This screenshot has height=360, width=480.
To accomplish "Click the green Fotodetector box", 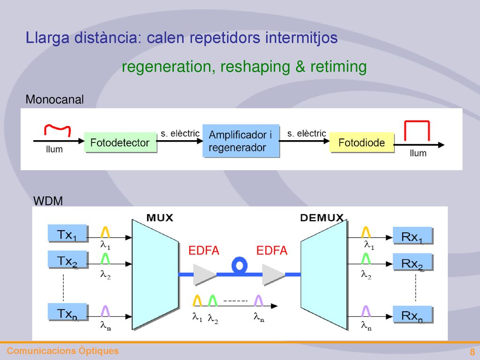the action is [x=120, y=142].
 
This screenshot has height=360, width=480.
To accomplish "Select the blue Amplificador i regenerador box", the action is [x=240, y=141].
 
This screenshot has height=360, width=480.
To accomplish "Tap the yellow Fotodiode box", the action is [x=361, y=142].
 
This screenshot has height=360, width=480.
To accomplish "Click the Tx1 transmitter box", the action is [x=67, y=233].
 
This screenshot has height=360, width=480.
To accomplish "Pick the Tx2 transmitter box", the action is [x=67, y=260].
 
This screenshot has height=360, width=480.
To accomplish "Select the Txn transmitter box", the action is [x=67, y=312].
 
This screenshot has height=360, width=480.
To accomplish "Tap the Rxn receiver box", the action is [x=412, y=314].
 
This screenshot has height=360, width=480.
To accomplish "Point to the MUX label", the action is [x=160, y=217].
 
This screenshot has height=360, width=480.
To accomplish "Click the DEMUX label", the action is [x=322, y=217].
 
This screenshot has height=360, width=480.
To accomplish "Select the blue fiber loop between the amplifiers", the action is [x=240, y=265].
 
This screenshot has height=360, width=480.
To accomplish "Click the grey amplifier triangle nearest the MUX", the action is [x=205, y=275].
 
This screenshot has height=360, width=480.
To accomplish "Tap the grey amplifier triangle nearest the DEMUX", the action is [x=273, y=275].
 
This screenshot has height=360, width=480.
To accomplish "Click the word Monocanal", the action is [x=54, y=99].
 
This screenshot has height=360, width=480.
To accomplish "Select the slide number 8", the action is [x=472, y=352].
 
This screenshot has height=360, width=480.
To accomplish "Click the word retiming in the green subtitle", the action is [x=338, y=67].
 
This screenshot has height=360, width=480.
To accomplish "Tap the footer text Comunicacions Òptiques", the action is [x=63, y=351].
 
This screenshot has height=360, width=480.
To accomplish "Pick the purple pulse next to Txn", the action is [x=105, y=311].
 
